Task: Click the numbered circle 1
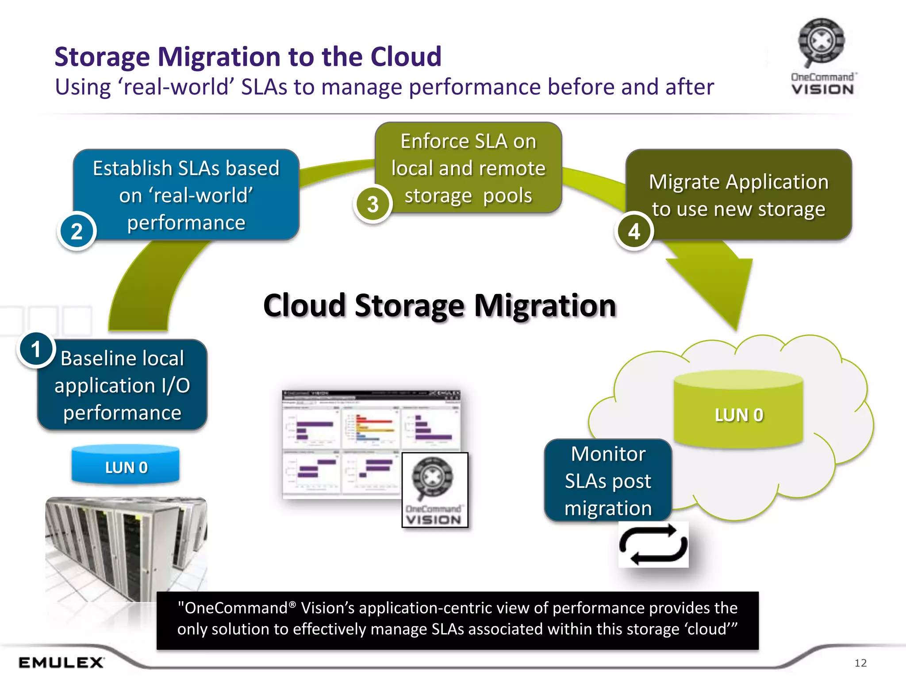coord(36,350)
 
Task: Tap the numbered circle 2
coord(77,231)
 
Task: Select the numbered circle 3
coord(373,204)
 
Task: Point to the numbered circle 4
coord(634,231)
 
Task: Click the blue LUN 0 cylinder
coord(126,465)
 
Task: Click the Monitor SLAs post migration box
coord(608,481)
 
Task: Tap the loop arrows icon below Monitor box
coord(653,545)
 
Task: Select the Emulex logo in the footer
coord(61,662)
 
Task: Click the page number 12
coord(860,663)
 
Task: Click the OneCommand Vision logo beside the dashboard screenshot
coord(434,490)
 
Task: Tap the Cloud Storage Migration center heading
coord(439,305)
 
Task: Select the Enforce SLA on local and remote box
coord(468,168)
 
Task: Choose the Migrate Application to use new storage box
coord(738,195)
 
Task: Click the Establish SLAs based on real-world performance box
coord(186,195)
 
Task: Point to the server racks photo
coord(126,548)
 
